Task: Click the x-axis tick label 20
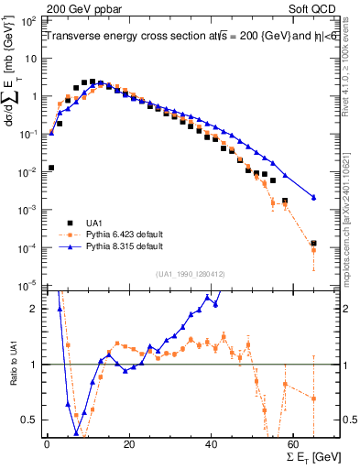(x=130, y=443)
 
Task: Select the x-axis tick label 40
(x=213, y=443)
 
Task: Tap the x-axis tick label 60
(x=295, y=443)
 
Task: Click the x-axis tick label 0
(x=47, y=443)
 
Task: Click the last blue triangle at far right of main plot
(x=313, y=197)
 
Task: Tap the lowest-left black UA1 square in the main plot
(x=51, y=168)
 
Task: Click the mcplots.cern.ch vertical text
(x=352, y=229)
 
